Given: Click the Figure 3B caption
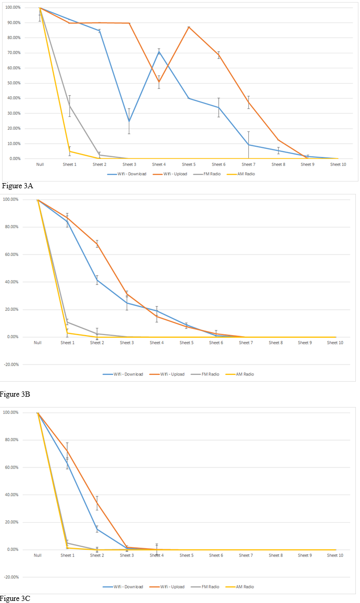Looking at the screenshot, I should (16, 395).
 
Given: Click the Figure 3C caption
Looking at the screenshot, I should (16, 598).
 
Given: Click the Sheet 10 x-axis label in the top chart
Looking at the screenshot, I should (338, 164).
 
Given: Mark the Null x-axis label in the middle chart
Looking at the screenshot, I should (38, 342).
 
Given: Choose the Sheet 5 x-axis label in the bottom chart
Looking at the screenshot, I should (187, 555).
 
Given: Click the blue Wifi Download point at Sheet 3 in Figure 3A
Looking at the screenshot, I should (129, 122).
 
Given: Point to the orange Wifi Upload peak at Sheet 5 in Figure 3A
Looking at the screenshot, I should (189, 27).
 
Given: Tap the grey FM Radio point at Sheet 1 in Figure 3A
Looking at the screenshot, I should (69, 105).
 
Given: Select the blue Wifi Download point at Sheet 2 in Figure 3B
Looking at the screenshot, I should (97, 280).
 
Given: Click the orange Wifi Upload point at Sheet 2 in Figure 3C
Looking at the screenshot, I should (97, 503).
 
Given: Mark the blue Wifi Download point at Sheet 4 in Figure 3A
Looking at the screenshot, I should (159, 52).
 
